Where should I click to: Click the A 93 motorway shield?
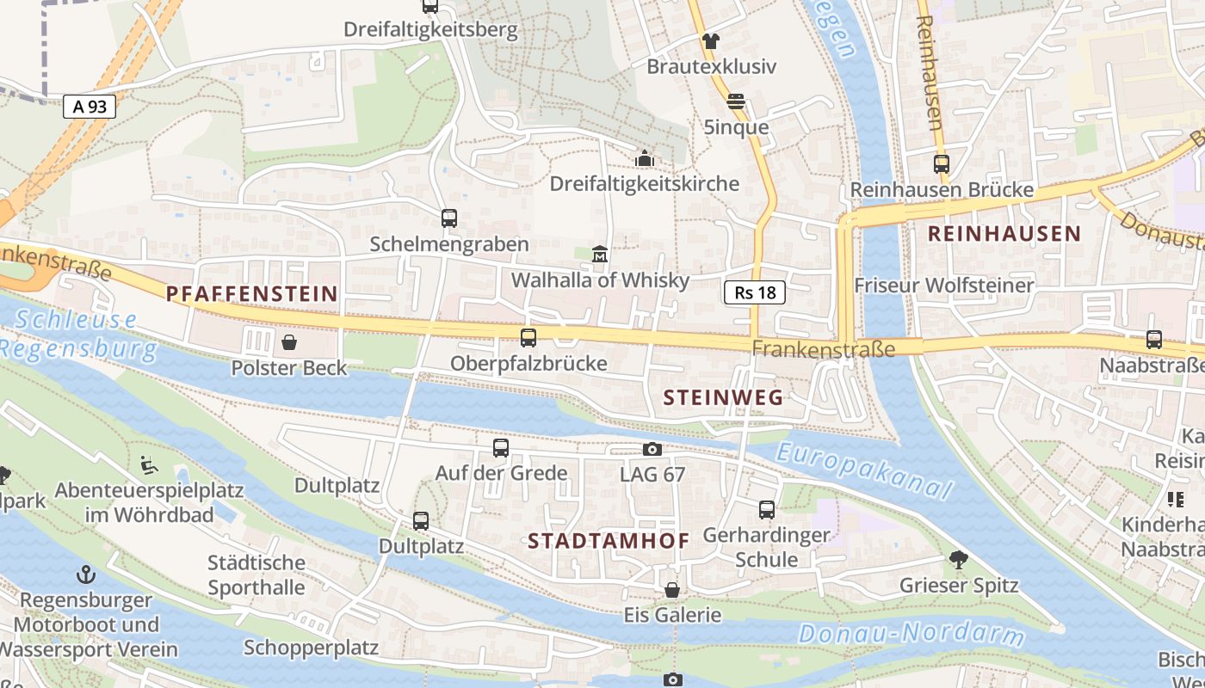tap(90, 107)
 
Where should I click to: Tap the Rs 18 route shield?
tap(755, 292)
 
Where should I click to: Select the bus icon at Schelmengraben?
tap(449, 218)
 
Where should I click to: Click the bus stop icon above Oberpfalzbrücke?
tap(528, 338)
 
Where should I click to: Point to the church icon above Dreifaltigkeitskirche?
tap(644, 158)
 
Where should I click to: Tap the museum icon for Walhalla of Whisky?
tap(600, 255)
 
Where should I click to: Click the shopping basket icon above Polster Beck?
tap(288, 342)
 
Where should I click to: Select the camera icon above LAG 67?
tap(652, 449)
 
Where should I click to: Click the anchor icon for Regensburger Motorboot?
tap(85, 574)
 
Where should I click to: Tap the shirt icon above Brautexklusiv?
tap(711, 40)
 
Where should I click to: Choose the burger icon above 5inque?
tap(735, 101)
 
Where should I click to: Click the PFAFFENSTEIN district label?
tap(252, 294)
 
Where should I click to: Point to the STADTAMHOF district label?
tap(609, 541)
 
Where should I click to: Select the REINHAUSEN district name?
tap(1004, 233)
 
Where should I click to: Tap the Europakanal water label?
tap(864, 470)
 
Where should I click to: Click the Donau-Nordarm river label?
tap(911, 636)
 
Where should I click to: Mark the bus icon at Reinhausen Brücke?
tap(941, 164)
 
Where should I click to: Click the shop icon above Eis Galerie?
tap(672, 590)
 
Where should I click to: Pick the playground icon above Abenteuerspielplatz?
tap(149, 465)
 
